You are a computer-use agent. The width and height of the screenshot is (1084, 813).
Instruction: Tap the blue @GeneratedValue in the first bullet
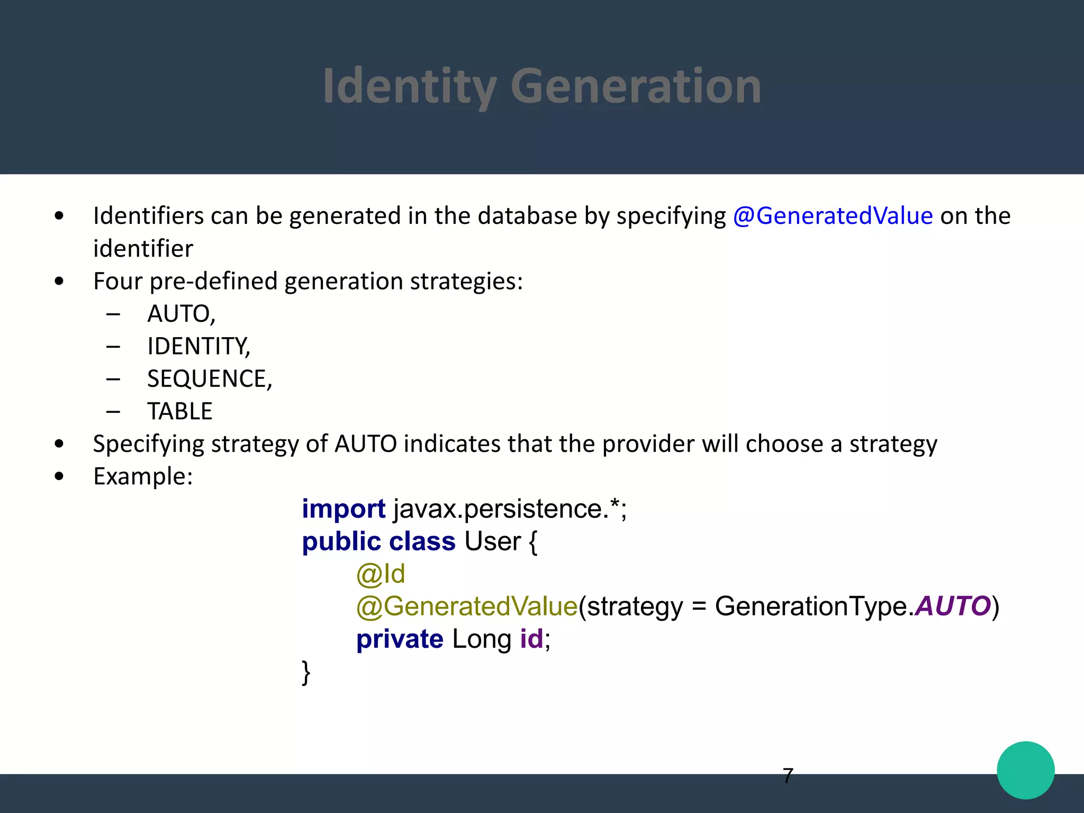[833, 216]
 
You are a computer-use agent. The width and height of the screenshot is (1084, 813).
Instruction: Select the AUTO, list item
[182, 314]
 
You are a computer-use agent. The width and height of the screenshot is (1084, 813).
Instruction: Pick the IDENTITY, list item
[198, 347]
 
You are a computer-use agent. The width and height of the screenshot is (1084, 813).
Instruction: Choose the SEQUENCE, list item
[210, 379]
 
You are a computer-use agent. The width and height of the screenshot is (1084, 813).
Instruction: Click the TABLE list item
[180, 412]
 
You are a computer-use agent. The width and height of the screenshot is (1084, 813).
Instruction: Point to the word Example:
[143, 476]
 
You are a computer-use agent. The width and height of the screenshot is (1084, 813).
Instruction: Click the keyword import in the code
[344, 509]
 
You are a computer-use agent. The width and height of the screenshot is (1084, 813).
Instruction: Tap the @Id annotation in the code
[381, 574]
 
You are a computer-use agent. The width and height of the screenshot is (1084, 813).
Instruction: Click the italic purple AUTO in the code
[953, 606]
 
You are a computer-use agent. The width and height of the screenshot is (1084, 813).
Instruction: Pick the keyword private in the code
[400, 639]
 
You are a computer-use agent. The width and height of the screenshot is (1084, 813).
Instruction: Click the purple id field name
[531, 639]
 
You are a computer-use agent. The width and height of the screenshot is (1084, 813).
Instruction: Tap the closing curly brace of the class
[306, 673]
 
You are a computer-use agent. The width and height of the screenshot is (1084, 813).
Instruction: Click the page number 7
[788, 776]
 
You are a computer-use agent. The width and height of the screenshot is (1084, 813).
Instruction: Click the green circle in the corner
[1025, 770]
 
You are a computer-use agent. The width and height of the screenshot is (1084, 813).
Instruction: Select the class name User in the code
[492, 541]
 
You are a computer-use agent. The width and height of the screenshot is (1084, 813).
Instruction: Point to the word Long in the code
[482, 639]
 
